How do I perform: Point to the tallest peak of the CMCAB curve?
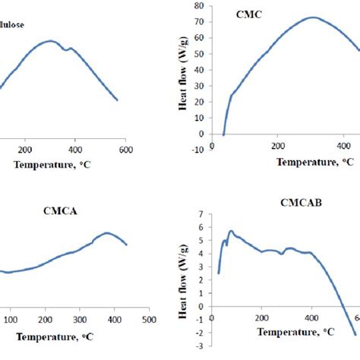pyautogui.click(x=232, y=231)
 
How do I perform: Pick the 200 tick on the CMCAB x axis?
pyautogui.click(x=261, y=318)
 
